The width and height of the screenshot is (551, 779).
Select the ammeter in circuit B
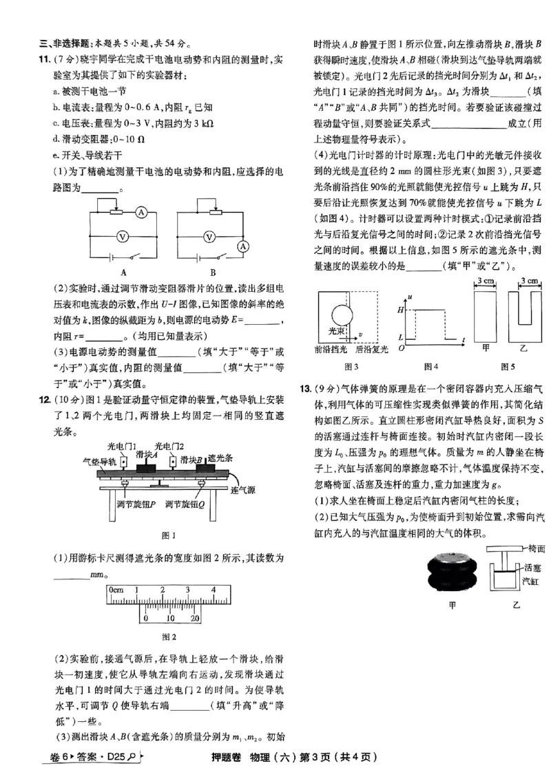pyautogui.click(x=242, y=246)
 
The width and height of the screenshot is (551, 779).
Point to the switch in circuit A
pyautogui.click(x=132, y=258)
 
